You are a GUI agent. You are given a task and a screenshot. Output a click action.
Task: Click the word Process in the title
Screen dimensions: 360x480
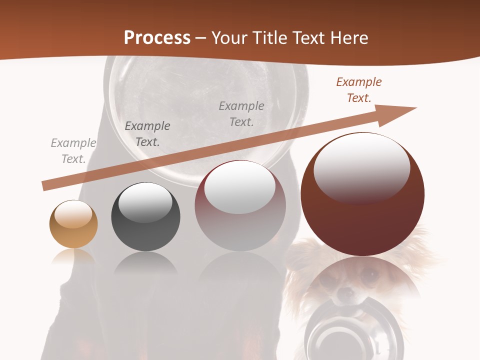[x=157, y=37]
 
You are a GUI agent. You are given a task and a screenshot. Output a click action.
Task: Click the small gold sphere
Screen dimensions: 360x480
[x=73, y=224]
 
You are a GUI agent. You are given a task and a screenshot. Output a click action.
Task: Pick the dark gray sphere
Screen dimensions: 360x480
[x=145, y=217]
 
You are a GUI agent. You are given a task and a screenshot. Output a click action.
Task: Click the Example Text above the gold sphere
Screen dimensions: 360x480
[x=73, y=151]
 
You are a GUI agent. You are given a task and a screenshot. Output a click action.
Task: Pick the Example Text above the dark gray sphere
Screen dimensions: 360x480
[x=147, y=134]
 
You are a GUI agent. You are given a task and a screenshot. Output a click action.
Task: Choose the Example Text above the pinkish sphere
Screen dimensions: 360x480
[x=241, y=114]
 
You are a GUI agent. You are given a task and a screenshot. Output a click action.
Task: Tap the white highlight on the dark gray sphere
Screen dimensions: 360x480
[x=145, y=201]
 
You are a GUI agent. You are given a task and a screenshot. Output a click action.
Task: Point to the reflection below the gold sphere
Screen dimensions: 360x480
[x=73, y=257]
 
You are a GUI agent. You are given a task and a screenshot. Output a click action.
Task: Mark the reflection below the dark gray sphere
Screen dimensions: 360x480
[x=145, y=263]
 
